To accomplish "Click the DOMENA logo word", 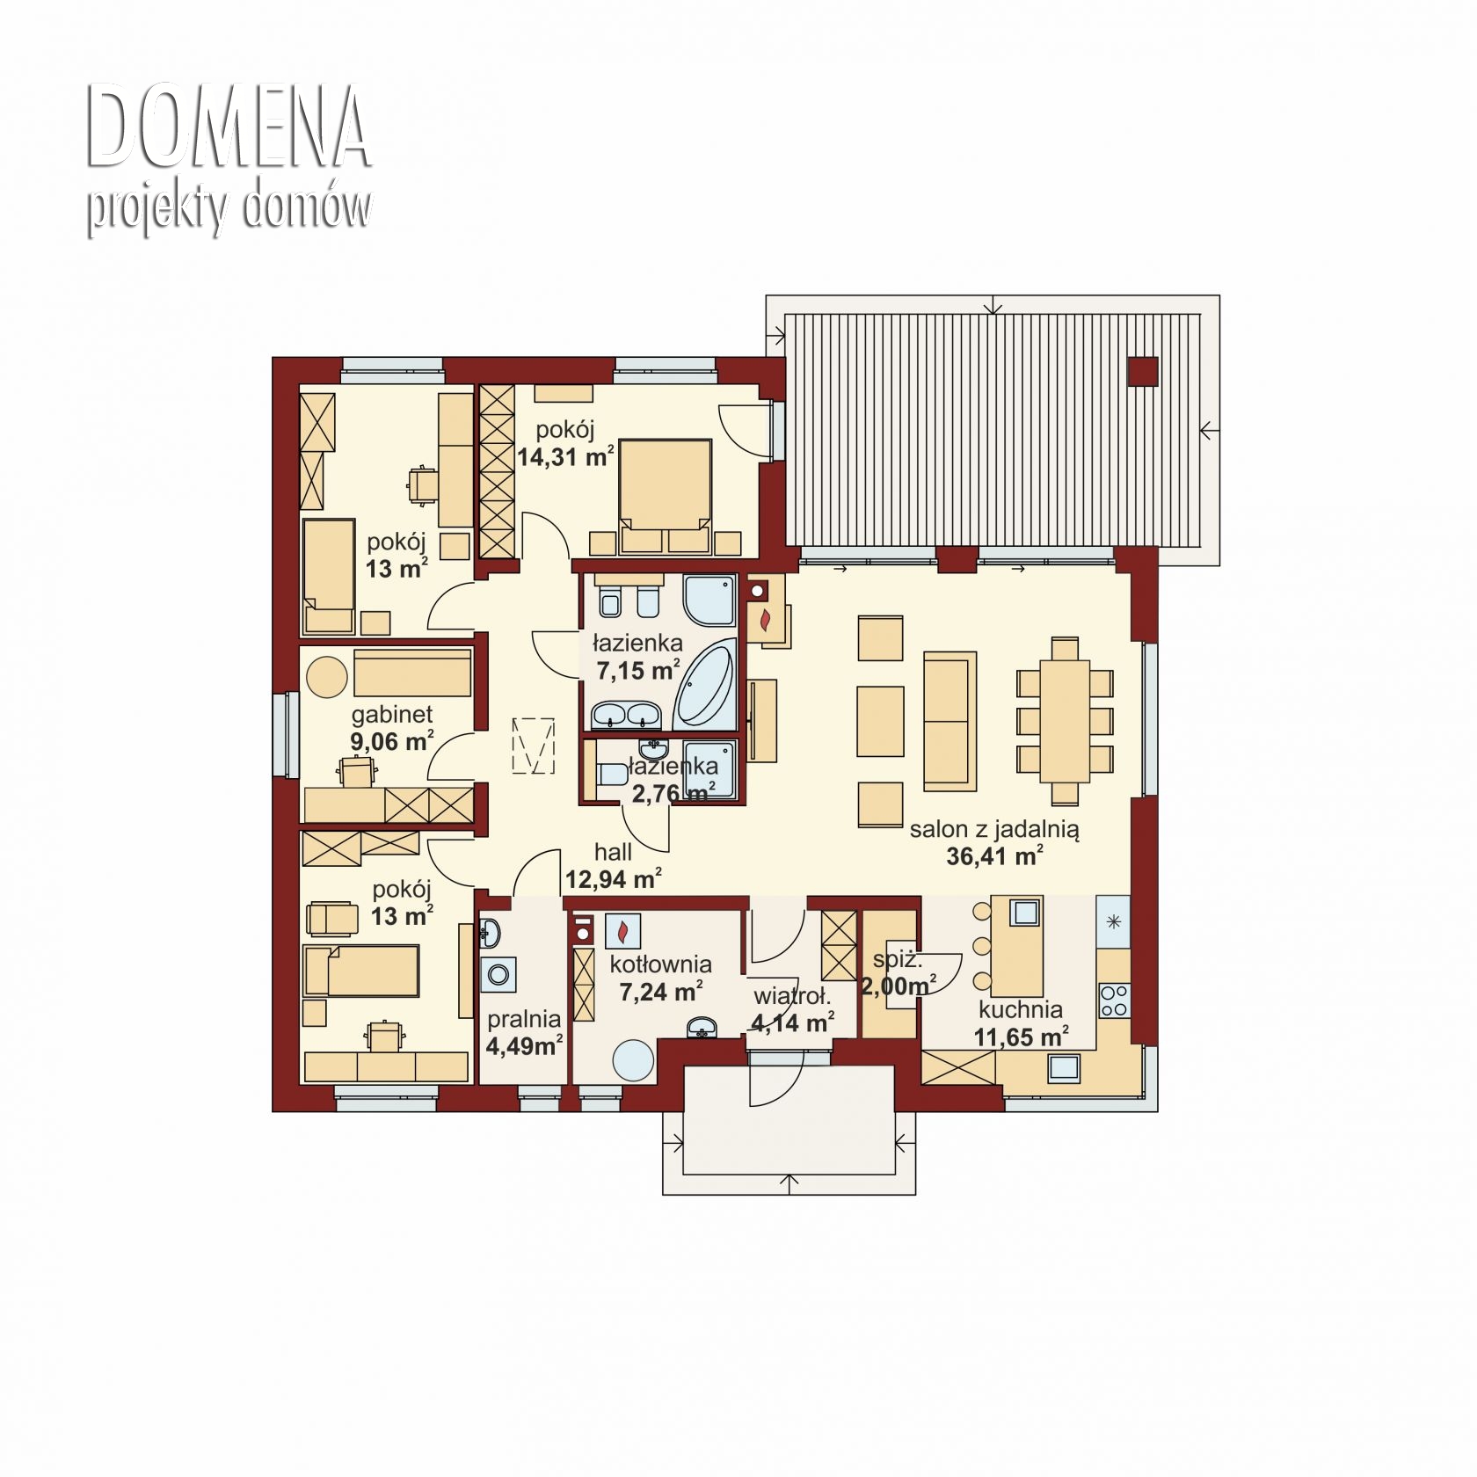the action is tap(229, 127).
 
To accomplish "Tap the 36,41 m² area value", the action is tap(994, 855).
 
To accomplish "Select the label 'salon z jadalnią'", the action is tap(994, 828).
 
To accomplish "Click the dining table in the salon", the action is tap(1065, 720).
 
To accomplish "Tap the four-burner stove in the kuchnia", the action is tap(1114, 1000).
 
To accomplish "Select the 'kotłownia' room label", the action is tap(660, 964).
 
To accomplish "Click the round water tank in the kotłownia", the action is tap(633, 1061).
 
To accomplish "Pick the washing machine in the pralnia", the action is tap(498, 975).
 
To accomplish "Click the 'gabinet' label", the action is tap(392, 714).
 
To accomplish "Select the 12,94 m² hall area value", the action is tap(613, 878).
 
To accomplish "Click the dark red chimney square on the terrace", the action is tap(1142, 371).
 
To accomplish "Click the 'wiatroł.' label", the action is tap(791, 997).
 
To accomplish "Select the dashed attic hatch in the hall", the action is tap(535, 746).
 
